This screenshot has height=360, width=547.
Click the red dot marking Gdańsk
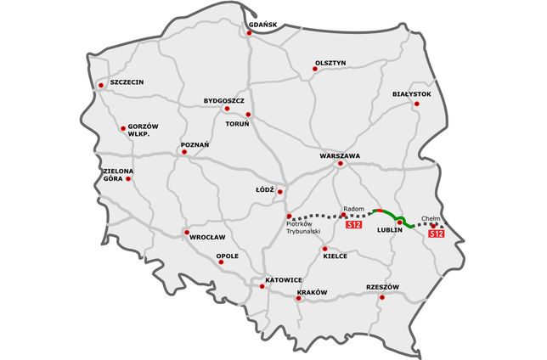point(251,35)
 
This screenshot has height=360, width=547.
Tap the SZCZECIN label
point(127,82)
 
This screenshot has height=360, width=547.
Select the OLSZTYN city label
point(330,62)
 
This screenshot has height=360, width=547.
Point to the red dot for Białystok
point(416,104)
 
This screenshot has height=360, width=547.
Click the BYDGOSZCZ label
point(224,100)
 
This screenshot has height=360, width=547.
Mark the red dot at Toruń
point(248,115)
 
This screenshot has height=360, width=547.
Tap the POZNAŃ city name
point(195,145)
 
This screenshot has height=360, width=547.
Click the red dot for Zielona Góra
point(128,179)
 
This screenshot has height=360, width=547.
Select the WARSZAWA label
point(341,156)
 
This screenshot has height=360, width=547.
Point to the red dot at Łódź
point(279,192)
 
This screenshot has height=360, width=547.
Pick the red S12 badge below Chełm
point(436,233)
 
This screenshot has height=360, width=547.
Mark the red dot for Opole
point(221,262)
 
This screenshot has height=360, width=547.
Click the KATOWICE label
point(284,279)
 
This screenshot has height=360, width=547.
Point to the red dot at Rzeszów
point(382,296)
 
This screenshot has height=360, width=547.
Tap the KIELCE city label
point(336,256)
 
